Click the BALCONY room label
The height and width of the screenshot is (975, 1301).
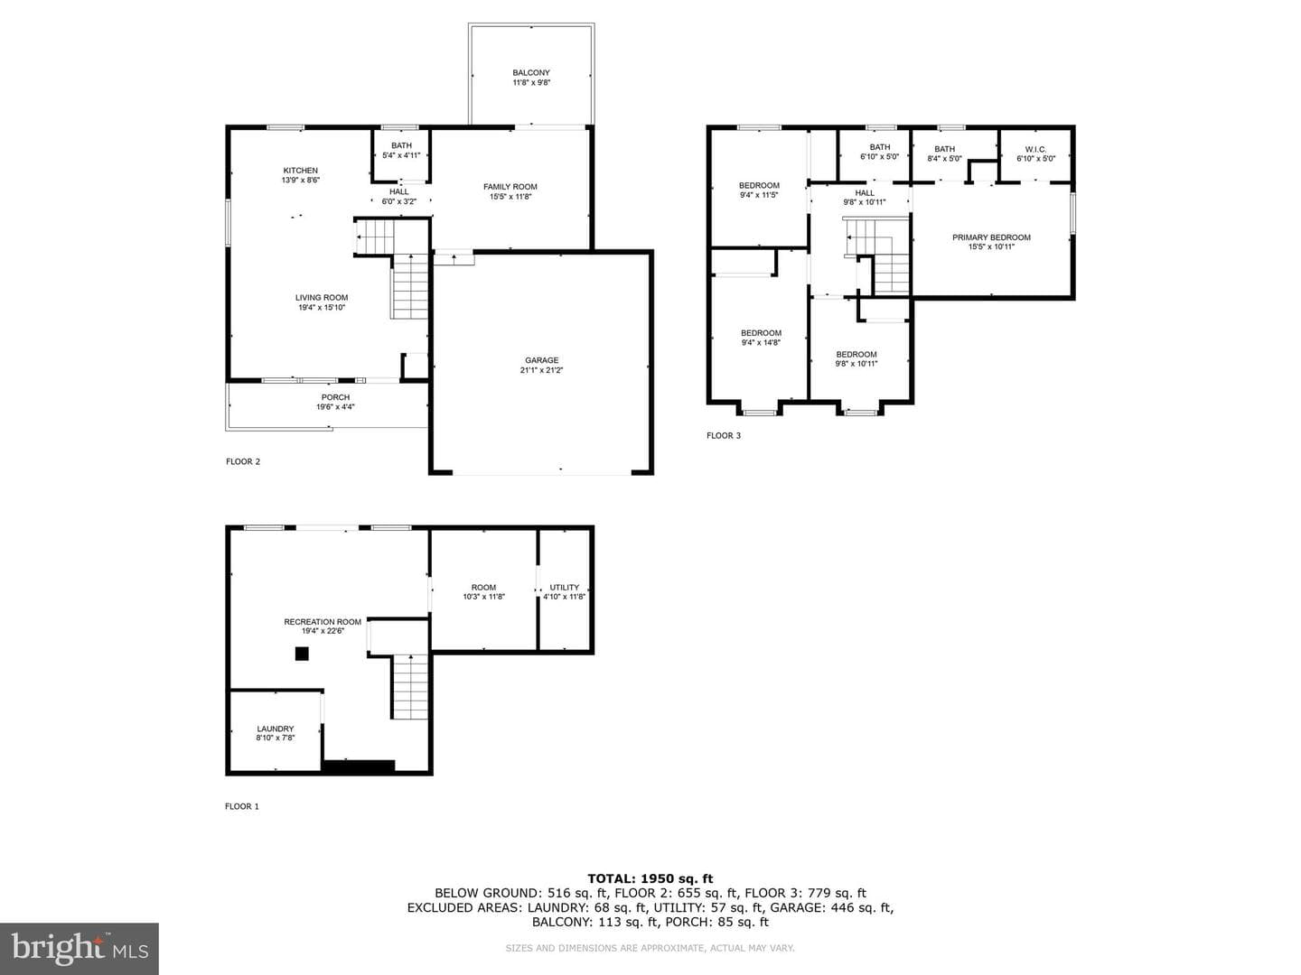[x=531, y=73]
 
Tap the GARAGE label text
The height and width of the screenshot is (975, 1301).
[x=541, y=360]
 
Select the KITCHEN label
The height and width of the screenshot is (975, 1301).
[x=301, y=171]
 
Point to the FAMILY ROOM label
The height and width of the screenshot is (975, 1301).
[x=510, y=187]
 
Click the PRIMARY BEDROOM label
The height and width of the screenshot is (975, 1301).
[x=991, y=237]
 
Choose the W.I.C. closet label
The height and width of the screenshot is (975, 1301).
[x=1035, y=149]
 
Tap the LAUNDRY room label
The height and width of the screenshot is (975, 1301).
[x=275, y=729]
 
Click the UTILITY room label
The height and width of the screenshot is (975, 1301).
[x=565, y=587]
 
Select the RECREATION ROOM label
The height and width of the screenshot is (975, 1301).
[x=323, y=622]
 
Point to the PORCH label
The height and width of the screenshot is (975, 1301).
[x=335, y=397]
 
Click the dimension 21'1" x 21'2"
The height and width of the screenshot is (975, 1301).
[x=541, y=370]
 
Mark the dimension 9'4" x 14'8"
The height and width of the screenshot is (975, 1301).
[x=761, y=342]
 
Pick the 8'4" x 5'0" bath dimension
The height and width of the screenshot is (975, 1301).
[x=944, y=159]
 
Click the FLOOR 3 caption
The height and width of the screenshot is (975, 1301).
[x=723, y=436]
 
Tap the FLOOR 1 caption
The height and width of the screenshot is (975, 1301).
[x=242, y=806]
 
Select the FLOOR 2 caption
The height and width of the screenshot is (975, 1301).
[x=243, y=461]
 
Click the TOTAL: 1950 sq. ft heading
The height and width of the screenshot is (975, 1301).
[x=650, y=878]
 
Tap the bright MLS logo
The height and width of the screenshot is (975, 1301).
[x=80, y=949]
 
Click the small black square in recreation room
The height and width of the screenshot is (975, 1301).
[x=302, y=654]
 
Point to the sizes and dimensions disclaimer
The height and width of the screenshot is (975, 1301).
[x=650, y=948]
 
